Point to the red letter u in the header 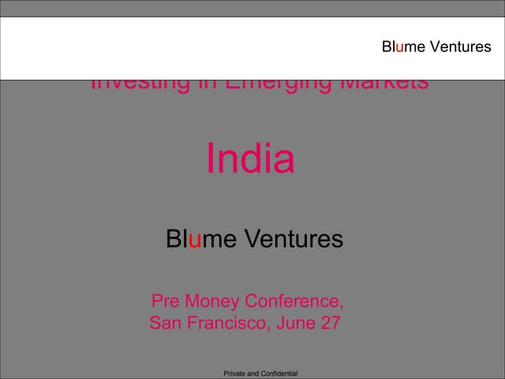(x=400, y=47)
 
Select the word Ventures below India (x=293, y=238)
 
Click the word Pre (x=167, y=302)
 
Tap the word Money (x=213, y=302)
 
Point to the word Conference (x=294, y=302)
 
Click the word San (x=166, y=323)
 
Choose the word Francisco (x=228, y=323)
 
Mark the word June (x=295, y=323)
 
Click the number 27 (x=330, y=323)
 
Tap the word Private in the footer (x=236, y=373)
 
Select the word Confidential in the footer (x=279, y=373)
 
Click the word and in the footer (x=255, y=373)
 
